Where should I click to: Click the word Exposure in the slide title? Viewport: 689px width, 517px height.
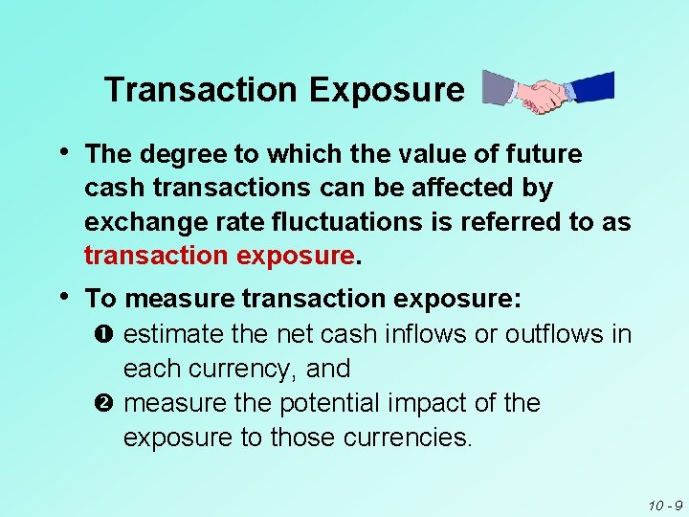point(386,90)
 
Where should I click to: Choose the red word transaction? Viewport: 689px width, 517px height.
point(153,257)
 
